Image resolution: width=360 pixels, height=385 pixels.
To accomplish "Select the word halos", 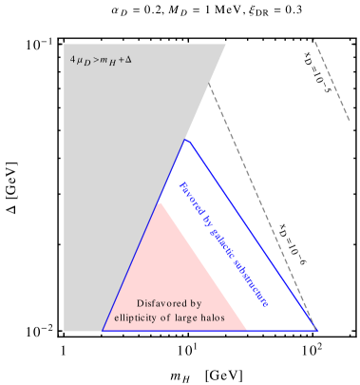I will pos(211,318).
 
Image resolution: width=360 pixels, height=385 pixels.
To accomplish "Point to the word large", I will pos(185,318).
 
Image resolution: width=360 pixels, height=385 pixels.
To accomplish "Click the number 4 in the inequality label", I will pos(72,60).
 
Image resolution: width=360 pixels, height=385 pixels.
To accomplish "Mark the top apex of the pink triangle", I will pos(160,202).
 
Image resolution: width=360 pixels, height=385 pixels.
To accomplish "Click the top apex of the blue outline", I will pos(186,140).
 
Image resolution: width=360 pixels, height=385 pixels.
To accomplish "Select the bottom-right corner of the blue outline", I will pos(316,331).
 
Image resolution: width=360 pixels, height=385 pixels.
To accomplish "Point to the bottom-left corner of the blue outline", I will pos(103,331).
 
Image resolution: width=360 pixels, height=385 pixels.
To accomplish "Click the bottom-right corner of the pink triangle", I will pos(247,330).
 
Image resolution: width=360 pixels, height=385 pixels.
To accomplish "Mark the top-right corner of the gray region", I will pos(226,45).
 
